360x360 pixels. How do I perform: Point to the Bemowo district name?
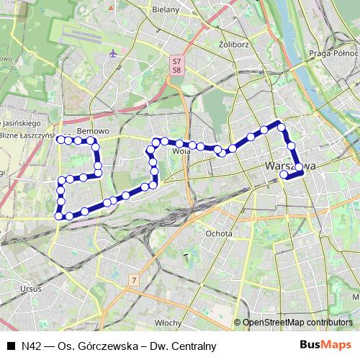[x=92, y=132]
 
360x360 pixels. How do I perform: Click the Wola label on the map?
[x=181, y=151]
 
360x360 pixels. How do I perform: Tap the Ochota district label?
[x=219, y=233]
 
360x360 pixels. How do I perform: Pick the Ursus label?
[x=31, y=289]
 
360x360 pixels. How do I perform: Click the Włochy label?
[x=168, y=323]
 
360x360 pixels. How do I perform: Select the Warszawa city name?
[x=291, y=166]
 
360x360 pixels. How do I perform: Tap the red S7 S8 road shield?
[x=177, y=66]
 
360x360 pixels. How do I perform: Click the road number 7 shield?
[x=134, y=279]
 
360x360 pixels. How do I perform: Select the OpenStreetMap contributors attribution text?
[x=297, y=323]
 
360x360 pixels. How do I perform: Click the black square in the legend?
[x=11, y=346]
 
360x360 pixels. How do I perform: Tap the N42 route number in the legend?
[x=31, y=346]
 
